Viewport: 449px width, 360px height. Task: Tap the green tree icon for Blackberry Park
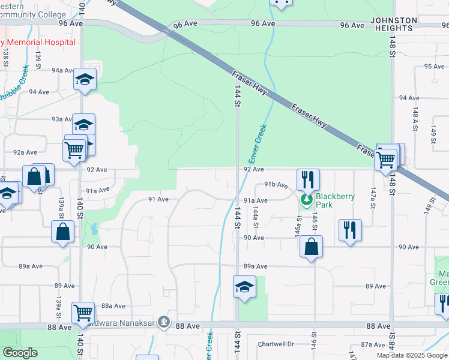pos(307,200)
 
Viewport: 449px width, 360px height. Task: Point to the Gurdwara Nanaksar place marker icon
pos(164,322)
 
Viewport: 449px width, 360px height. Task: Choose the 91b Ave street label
pos(276,185)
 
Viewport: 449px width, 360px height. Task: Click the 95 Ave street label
pos(433,67)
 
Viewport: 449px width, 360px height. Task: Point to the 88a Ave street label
pos(112,305)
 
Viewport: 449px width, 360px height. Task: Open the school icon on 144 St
pos(245,286)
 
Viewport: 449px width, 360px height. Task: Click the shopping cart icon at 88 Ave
pos(83,312)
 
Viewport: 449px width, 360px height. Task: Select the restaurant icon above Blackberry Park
pos(308,178)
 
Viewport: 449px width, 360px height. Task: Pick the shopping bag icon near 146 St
pos(311,246)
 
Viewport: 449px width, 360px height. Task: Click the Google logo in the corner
pos(20,353)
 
